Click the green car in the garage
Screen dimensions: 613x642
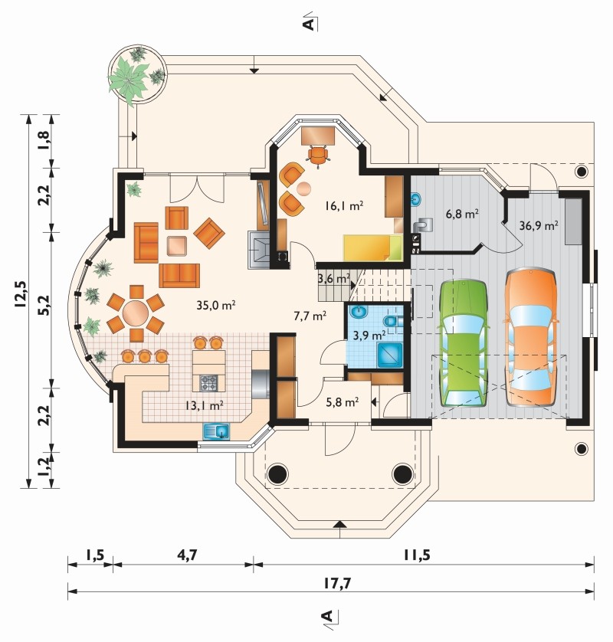(463, 343)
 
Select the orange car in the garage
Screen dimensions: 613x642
(532, 337)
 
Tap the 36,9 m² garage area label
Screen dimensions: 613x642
(539, 225)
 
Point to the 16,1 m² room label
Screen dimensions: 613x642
(344, 205)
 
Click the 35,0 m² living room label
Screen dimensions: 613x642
(215, 305)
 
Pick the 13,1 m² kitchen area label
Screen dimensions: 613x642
(204, 405)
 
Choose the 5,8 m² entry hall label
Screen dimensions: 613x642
(343, 402)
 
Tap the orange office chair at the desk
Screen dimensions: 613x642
(318, 156)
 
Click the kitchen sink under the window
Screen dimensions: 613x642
(217, 431)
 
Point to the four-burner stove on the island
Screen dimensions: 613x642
(208, 383)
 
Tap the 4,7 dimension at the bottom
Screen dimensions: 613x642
(187, 555)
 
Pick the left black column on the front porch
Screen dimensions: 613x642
(278, 473)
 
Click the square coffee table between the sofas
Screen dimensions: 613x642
(177, 246)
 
